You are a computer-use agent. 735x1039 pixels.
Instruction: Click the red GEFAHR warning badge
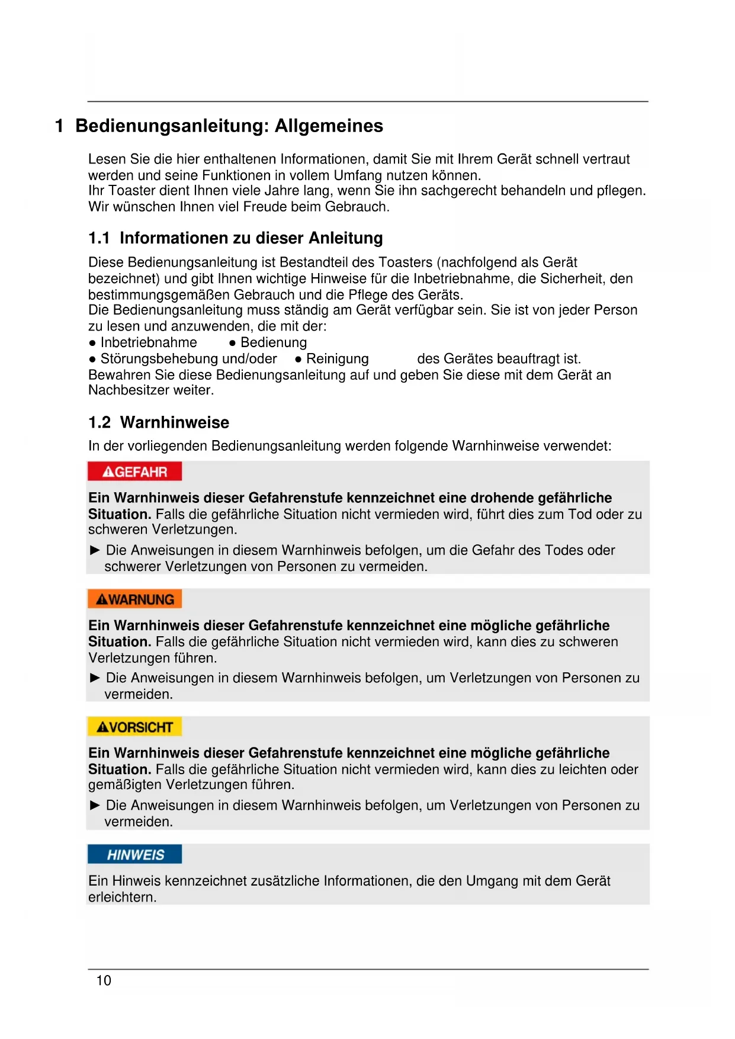pos(134,472)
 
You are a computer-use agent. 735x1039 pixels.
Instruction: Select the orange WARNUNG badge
pos(134,599)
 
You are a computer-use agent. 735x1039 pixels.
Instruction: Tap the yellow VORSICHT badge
pos(134,727)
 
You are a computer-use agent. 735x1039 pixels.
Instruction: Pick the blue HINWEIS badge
pos(134,854)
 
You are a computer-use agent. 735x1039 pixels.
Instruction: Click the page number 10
pos(104,980)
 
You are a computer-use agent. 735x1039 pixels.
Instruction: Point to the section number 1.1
pos(99,238)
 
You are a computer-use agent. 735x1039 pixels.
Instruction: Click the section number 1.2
pos(99,422)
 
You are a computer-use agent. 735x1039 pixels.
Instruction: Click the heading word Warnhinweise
pos(175,422)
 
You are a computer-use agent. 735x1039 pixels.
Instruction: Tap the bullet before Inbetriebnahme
pos(92,343)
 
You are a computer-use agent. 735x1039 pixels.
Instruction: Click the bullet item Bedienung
pos(274,342)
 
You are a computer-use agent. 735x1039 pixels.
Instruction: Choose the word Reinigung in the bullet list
pos(338,358)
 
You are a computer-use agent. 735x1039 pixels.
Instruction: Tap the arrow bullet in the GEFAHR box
pos(95,550)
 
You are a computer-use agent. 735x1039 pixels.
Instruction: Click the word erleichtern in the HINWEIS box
pos(122,897)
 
